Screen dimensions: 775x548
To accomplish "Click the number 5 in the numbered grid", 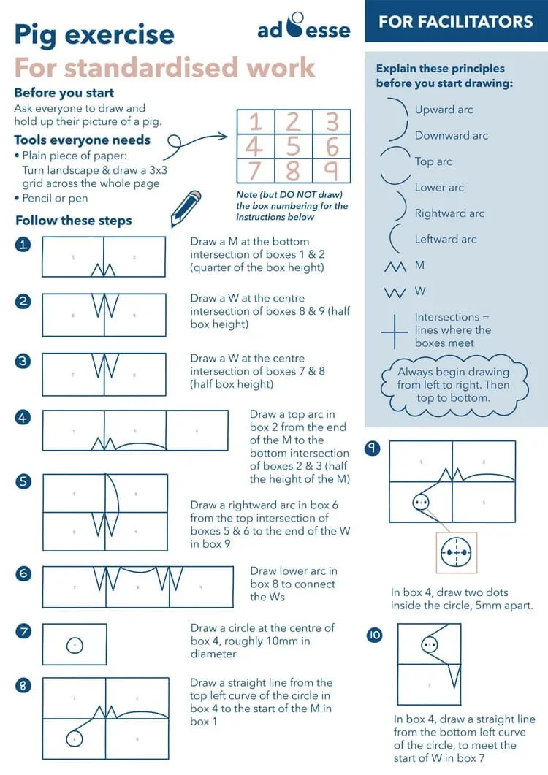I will [293, 146].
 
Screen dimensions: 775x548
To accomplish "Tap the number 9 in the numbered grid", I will [332, 171].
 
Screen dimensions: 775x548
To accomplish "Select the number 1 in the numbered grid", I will [255, 121].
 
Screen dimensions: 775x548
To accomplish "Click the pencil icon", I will [185, 208].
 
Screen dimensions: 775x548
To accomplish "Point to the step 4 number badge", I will [23, 417].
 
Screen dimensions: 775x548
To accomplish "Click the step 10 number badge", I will [374, 635].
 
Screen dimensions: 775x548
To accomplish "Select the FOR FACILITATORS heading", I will [455, 21].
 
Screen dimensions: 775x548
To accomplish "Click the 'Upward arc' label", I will [444, 110].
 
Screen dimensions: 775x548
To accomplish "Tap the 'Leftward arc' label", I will [445, 239].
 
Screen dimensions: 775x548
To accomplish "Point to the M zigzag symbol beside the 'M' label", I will [395, 267].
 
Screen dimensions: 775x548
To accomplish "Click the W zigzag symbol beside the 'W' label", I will [395, 293].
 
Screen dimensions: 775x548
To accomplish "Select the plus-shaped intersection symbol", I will [394, 331].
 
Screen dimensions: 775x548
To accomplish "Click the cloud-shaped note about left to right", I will [453, 385].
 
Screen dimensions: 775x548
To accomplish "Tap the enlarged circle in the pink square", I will [457, 553].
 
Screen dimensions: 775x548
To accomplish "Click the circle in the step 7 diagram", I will [75, 645].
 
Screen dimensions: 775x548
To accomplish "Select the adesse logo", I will [303, 28].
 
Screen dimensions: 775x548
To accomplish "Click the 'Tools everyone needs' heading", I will [82, 140].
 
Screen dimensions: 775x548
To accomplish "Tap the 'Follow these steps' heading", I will [73, 221].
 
